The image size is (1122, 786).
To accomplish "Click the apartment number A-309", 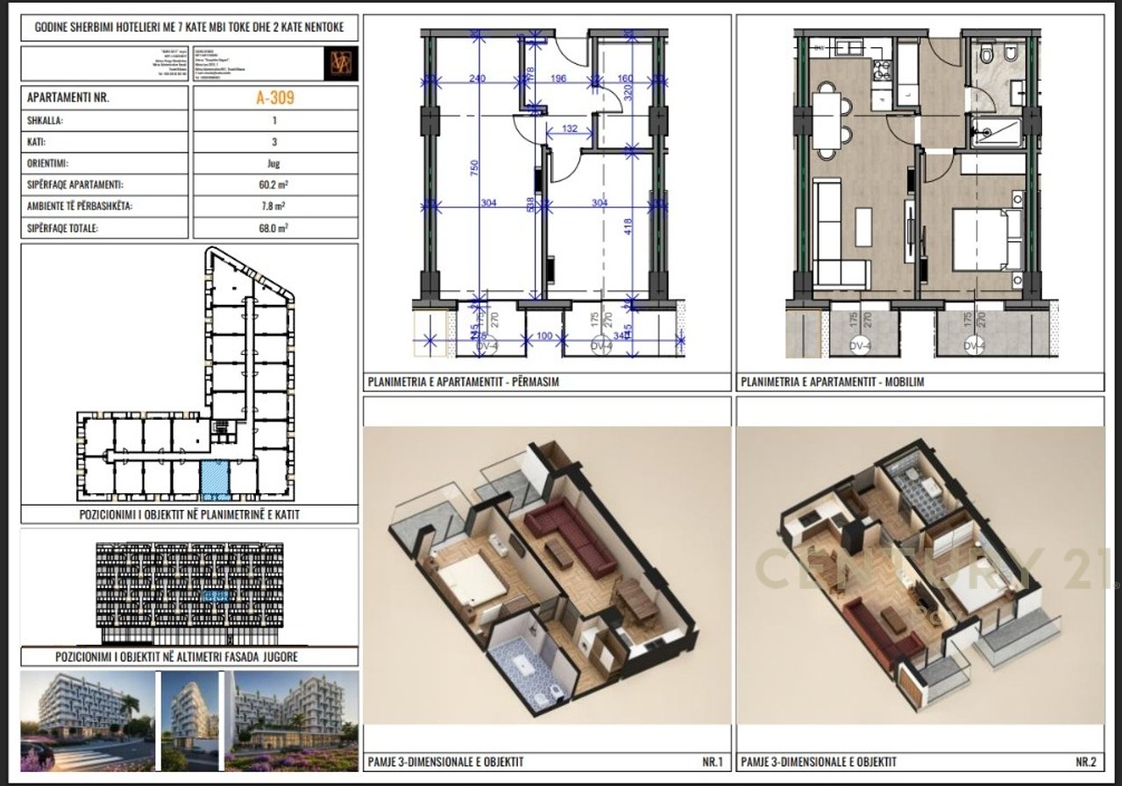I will click(274, 98).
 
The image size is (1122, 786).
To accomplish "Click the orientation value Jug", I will click(273, 163).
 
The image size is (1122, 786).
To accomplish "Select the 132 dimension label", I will click(570, 130).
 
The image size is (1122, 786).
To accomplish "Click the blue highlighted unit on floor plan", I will click(213, 478).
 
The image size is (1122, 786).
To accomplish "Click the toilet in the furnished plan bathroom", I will click(988, 57).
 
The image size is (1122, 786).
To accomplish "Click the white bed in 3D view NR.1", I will click(469, 582).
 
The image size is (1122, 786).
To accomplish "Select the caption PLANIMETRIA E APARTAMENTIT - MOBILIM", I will click(833, 382).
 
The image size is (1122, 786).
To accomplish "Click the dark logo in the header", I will click(340, 64).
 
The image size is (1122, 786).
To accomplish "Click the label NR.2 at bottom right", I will click(1085, 761).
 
